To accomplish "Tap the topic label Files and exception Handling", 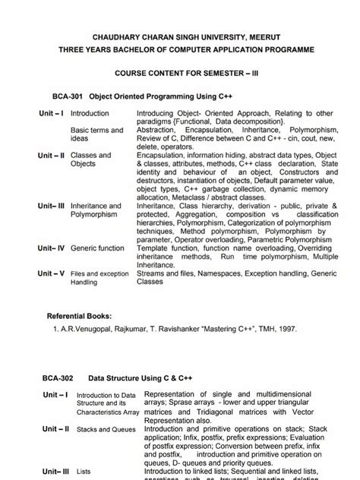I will [99, 276].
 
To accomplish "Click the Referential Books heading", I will [79, 315].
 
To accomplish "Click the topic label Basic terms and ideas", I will [96, 134].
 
